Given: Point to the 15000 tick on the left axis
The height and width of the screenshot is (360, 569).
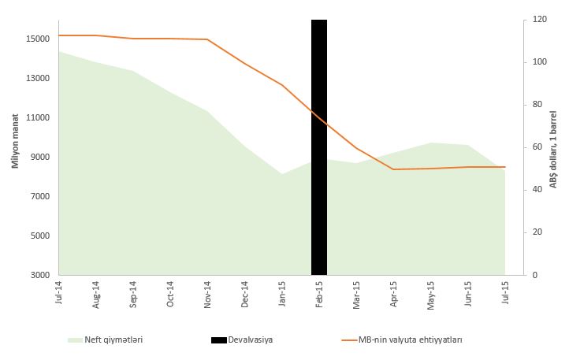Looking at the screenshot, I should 39,39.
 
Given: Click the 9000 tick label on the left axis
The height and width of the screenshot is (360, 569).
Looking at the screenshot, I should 42,157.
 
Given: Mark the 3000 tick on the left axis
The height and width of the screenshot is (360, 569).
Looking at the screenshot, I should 42,275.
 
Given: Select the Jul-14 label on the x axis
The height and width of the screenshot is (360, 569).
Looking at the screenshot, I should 58,292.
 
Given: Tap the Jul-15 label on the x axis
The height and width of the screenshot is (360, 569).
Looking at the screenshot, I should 505,292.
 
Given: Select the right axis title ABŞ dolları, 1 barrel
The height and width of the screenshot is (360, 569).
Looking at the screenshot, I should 553,147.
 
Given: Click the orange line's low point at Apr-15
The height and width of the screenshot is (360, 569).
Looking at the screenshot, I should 393,169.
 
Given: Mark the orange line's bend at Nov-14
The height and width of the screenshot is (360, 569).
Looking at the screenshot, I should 207,39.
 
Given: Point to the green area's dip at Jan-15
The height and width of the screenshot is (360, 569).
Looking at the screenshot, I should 282,174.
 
